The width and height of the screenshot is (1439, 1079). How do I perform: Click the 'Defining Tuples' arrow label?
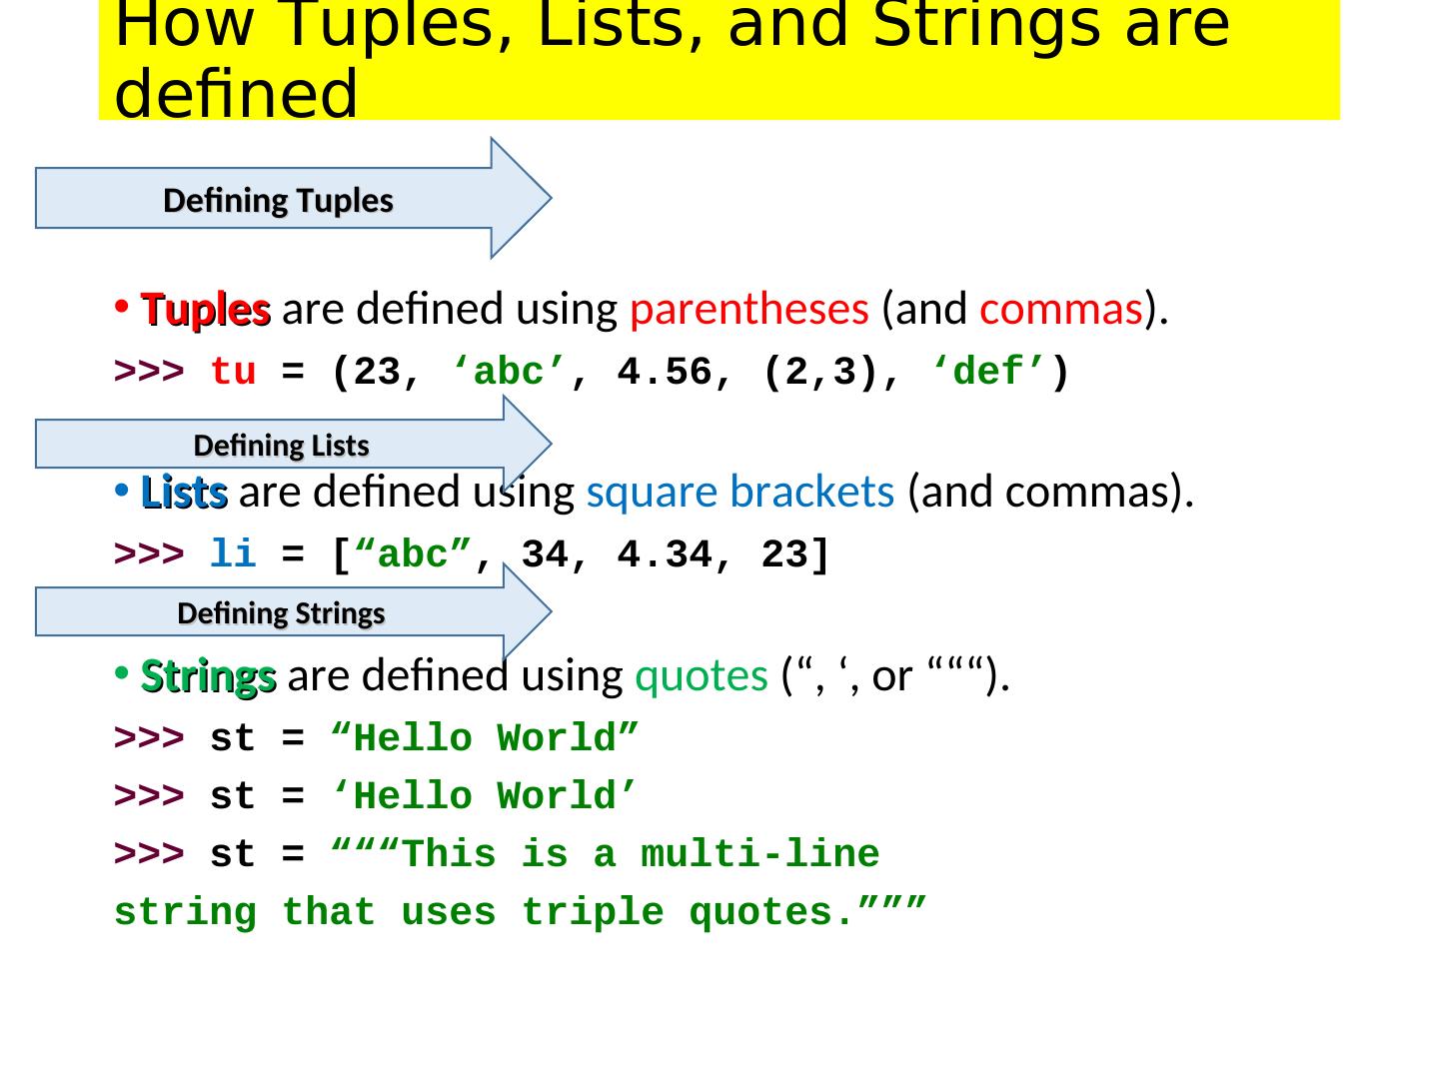click(278, 201)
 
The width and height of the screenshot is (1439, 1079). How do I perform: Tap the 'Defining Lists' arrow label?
click(281, 446)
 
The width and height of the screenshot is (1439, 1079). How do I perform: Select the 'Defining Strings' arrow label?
click(281, 613)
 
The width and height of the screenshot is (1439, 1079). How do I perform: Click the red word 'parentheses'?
click(748, 310)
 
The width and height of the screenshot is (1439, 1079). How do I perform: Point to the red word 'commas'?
click(1060, 310)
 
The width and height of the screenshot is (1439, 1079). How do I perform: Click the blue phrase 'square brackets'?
click(739, 492)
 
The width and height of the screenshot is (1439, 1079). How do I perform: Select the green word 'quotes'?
click(701, 676)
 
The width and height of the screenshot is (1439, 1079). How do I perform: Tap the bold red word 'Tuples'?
click(206, 311)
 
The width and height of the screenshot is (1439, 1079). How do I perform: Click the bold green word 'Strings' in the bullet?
click(209, 676)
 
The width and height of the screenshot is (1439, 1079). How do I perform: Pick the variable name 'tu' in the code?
click(233, 373)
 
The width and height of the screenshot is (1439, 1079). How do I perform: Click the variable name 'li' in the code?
click(233, 554)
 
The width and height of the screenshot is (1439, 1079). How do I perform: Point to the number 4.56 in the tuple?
click(665, 373)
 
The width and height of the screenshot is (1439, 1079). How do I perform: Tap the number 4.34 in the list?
click(665, 554)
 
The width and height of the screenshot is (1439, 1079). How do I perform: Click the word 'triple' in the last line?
click(592, 913)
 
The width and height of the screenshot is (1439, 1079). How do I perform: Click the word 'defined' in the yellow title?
click(236, 95)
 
